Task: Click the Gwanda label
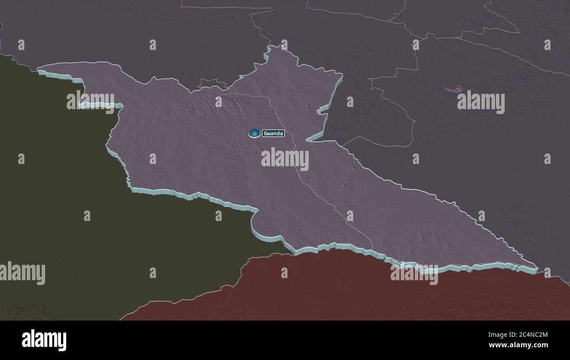click(x=273, y=133)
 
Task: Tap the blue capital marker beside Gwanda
click(x=254, y=133)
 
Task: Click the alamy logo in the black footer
click(x=44, y=340)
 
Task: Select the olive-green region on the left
click(x=66, y=197)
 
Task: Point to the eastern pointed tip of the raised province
click(x=536, y=267)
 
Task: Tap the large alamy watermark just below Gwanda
click(x=285, y=159)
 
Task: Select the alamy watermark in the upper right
click(x=481, y=102)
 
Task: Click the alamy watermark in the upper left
click(x=90, y=100)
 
